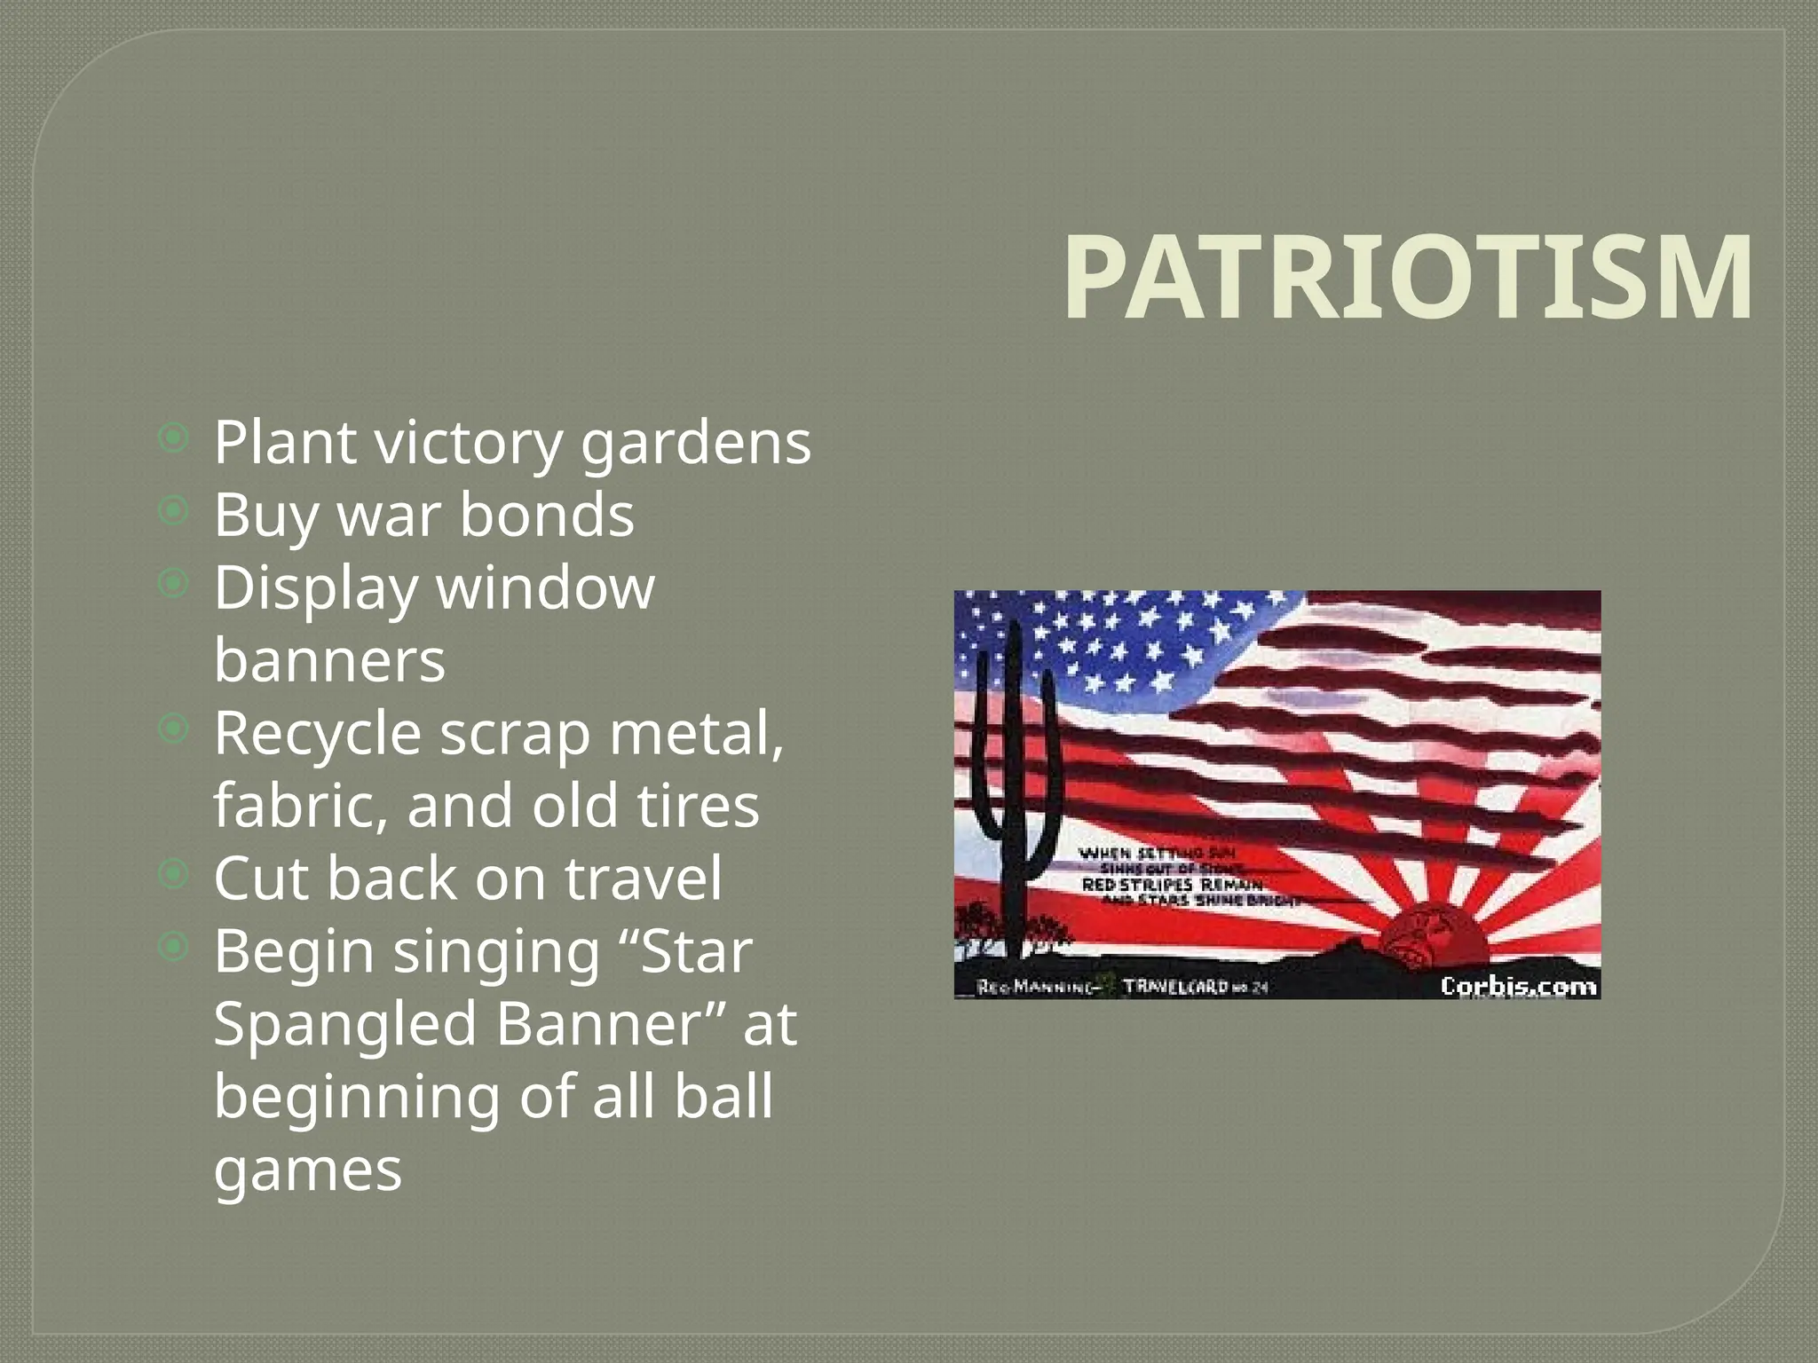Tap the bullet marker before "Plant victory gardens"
click(x=174, y=437)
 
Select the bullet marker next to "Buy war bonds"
click(x=174, y=510)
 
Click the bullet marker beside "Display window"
click(x=174, y=583)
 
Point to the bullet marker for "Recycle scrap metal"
click(x=174, y=729)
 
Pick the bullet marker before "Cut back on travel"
click(x=174, y=875)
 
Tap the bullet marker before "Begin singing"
click(x=174, y=948)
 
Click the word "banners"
click(x=329, y=661)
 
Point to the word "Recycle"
click(x=317, y=734)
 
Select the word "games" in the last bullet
click(x=308, y=1170)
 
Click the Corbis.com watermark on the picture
click(x=1517, y=986)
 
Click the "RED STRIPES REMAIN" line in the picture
click(x=1172, y=885)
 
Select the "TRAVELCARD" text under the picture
click(x=1175, y=987)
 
